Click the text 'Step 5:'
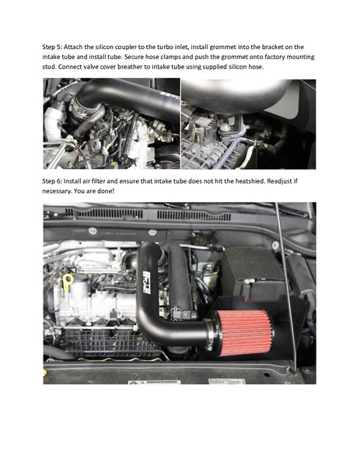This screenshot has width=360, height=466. (53, 47)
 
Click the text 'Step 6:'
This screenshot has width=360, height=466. (53, 180)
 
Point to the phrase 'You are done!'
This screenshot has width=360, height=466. (96, 191)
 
